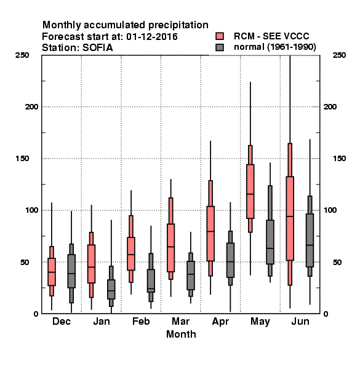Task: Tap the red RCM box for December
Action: (52, 272)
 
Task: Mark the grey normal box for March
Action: (191, 276)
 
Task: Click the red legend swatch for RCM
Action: (220, 36)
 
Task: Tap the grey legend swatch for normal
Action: (220, 47)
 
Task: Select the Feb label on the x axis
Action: (141, 321)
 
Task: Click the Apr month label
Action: (220, 322)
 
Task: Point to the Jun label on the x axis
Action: (300, 321)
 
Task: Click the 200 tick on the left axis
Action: (31, 107)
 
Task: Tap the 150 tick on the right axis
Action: (339, 159)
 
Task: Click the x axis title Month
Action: (181, 334)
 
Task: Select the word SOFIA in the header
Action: (98, 48)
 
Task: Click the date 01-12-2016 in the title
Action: (152, 37)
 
